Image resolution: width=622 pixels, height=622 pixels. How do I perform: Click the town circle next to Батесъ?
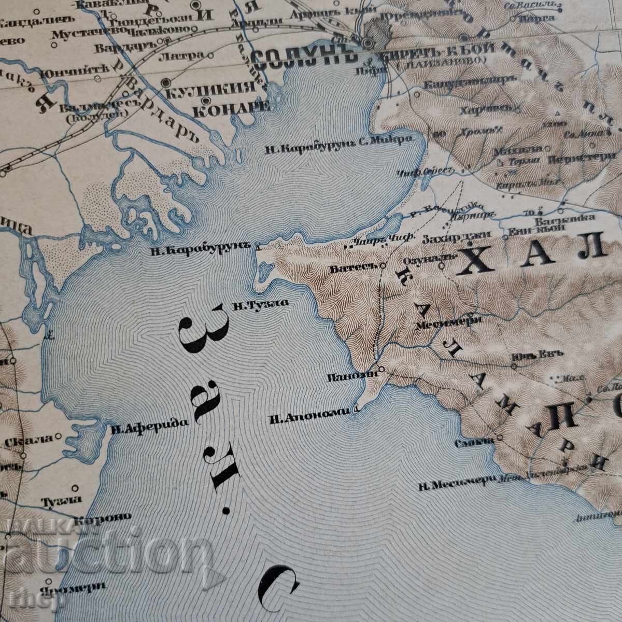383,265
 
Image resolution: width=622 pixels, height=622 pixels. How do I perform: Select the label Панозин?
354,377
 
